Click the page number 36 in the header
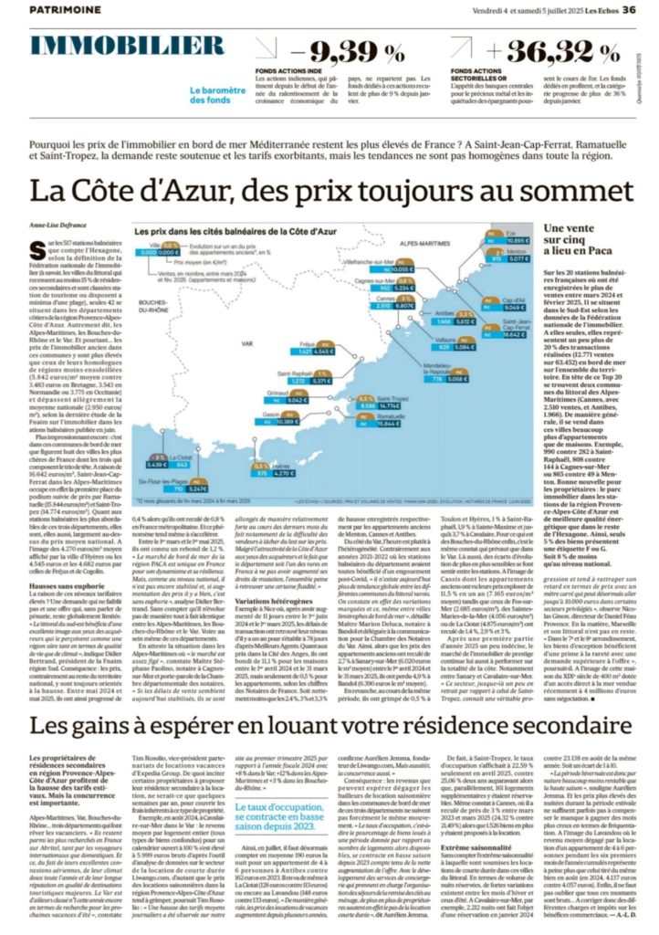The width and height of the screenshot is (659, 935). (x=629, y=9)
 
